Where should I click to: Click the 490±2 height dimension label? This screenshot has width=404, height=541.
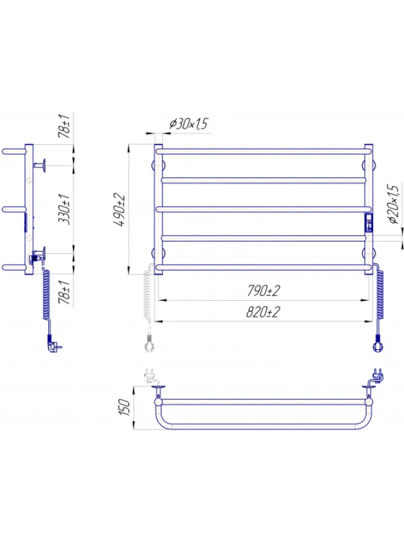[x=120, y=209]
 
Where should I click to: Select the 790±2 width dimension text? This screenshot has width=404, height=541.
[x=263, y=290]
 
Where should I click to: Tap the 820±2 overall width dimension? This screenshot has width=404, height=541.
[x=263, y=312]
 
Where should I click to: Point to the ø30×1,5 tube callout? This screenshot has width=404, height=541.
[x=189, y=124]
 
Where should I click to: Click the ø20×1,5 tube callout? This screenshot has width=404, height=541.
[x=393, y=204]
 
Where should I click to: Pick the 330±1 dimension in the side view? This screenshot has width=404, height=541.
[x=64, y=209]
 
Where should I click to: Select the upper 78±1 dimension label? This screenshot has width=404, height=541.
[x=64, y=126]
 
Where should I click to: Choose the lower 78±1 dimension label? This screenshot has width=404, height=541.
[x=64, y=292]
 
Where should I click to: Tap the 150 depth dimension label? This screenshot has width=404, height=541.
[x=124, y=407]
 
